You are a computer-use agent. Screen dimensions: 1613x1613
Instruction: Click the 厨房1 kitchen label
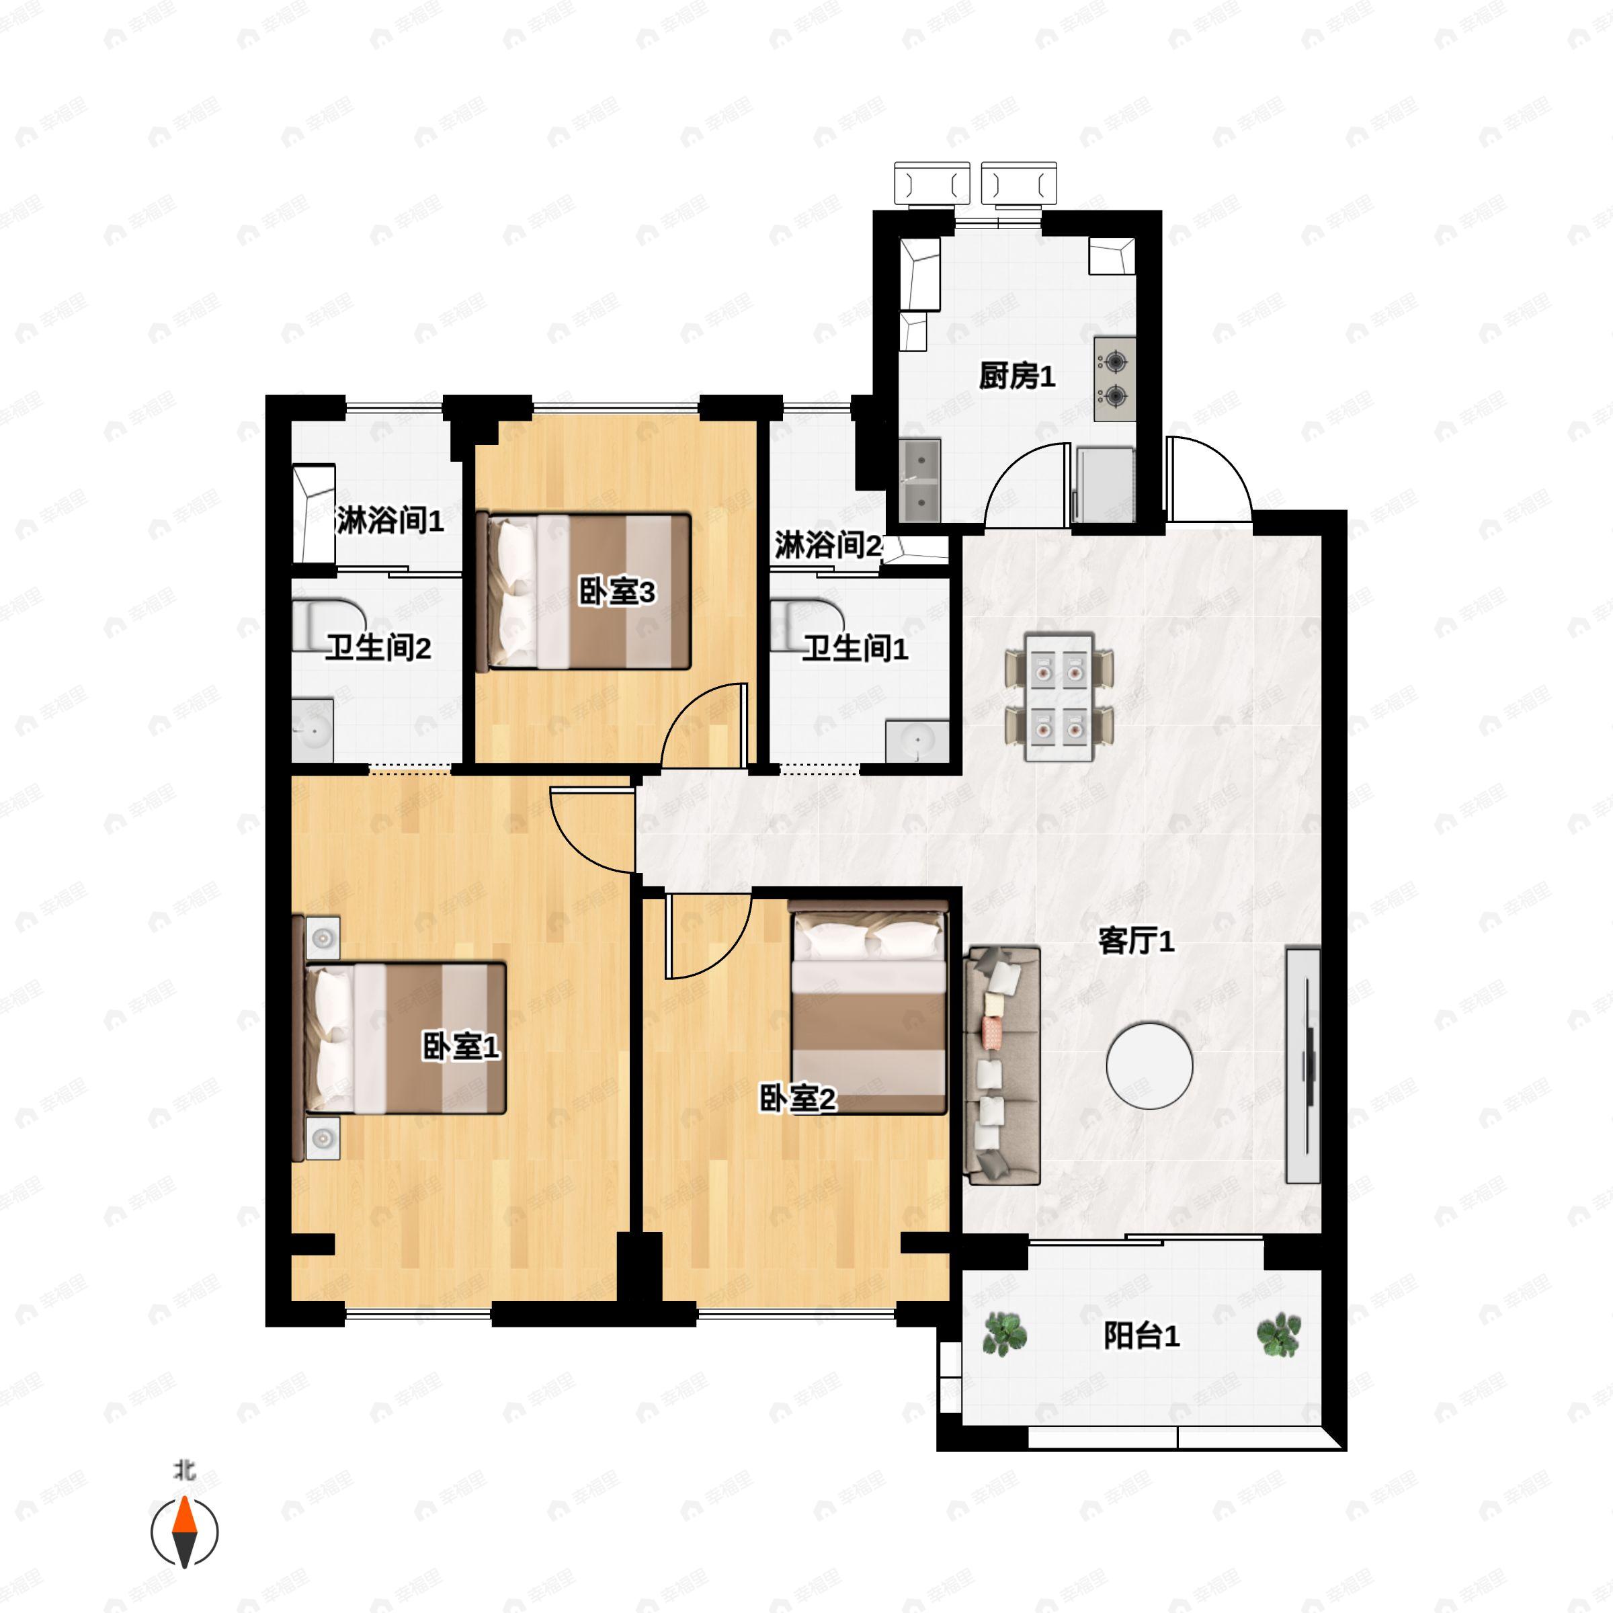(x=1017, y=376)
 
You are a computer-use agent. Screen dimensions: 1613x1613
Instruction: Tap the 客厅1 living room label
(x=1135, y=942)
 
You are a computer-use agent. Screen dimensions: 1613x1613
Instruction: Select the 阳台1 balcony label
(x=1141, y=1336)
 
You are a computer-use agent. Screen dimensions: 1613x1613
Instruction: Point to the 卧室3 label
(x=617, y=592)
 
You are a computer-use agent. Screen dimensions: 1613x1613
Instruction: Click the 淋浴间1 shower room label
(x=390, y=521)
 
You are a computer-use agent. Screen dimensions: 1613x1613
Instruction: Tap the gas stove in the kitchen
(x=1114, y=379)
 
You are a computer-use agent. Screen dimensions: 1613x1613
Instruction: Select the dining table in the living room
(x=1059, y=696)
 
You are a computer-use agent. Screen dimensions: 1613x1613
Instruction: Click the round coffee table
(x=1150, y=1065)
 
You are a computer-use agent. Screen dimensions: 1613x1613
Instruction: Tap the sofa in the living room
(x=1002, y=1065)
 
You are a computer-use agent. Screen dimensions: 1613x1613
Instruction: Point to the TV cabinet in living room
(x=1302, y=1065)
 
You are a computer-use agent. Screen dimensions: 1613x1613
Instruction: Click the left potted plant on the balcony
(x=1002, y=1333)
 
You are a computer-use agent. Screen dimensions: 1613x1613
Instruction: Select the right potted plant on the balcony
(x=1279, y=1334)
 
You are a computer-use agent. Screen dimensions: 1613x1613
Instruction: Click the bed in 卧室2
(x=868, y=1007)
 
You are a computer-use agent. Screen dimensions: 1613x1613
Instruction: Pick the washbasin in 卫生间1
(x=917, y=741)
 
